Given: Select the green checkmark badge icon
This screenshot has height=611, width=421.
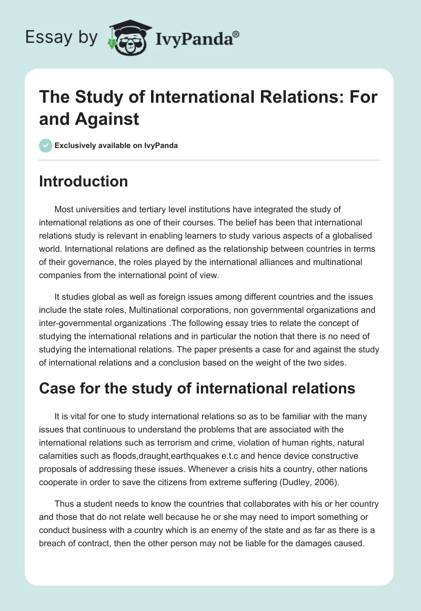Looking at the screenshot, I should point(46,145).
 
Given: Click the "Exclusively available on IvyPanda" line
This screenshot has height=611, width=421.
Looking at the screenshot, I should point(116,145).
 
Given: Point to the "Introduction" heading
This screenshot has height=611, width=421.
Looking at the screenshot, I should point(84,181).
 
